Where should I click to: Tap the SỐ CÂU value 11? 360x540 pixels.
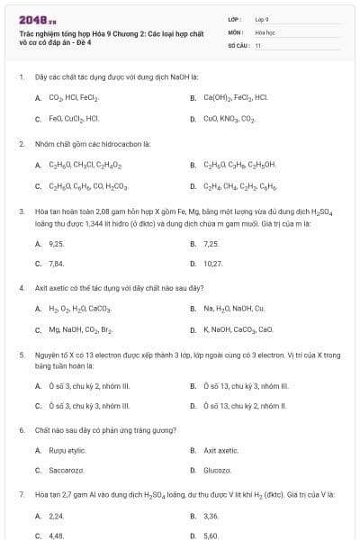258,44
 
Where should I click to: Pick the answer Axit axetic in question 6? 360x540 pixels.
220,449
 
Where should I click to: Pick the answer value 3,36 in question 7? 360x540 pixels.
211,516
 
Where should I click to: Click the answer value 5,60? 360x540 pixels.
211,535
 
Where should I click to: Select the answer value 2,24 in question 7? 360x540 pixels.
56,516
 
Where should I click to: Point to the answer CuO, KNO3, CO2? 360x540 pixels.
229,118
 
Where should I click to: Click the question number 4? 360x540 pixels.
21,288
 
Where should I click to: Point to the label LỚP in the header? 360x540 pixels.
233,18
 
